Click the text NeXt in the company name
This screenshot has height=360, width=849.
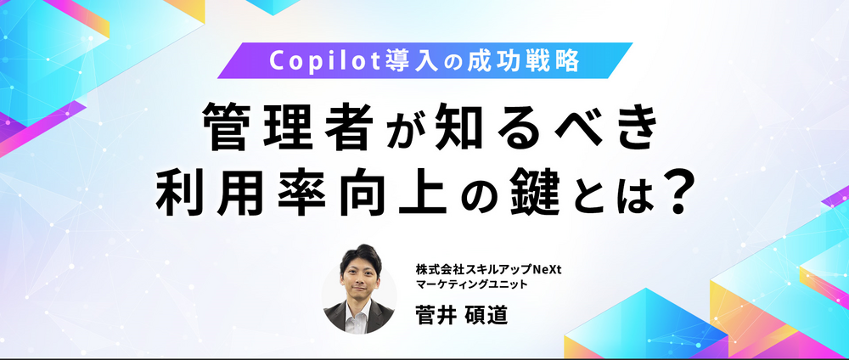[548, 268]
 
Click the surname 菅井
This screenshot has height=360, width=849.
[435, 315]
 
